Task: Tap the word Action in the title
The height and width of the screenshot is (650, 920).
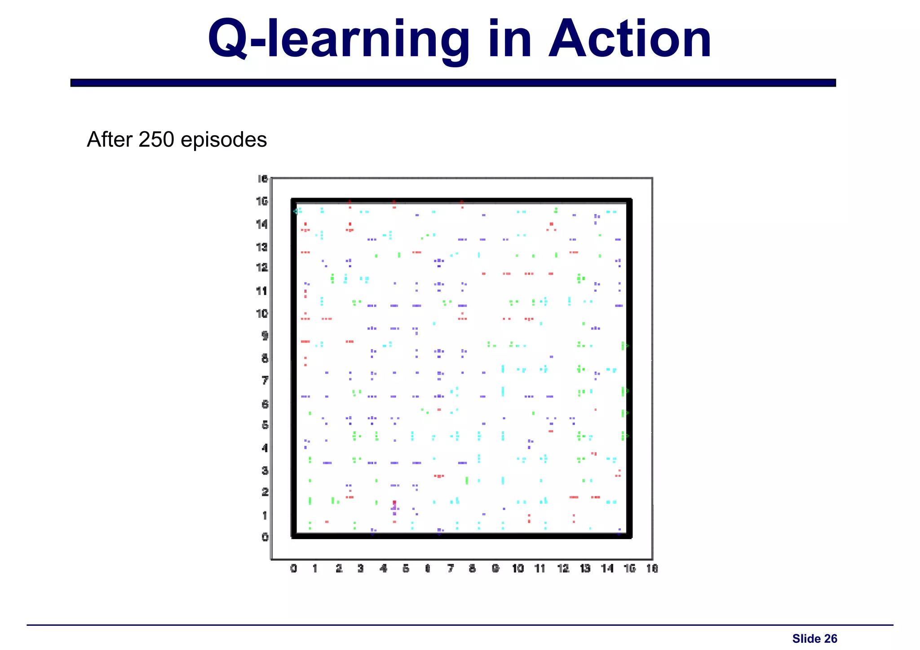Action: (x=630, y=40)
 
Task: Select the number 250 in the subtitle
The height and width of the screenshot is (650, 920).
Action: (x=156, y=140)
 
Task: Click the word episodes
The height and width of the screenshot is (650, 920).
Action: (x=224, y=141)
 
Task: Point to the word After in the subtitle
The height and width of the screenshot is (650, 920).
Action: (x=111, y=140)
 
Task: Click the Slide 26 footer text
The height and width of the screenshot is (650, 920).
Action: (x=814, y=639)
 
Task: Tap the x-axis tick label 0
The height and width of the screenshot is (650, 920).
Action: (x=293, y=569)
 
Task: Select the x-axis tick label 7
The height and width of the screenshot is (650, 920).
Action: (x=450, y=569)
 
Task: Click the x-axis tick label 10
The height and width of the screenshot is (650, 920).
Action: (x=517, y=569)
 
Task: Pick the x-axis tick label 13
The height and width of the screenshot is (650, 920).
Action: (x=585, y=569)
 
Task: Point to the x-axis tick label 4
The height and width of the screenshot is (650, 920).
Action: (x=383, y=569)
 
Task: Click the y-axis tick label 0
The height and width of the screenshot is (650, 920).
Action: (x=265, y=537)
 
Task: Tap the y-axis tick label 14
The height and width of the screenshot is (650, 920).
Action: (x=262, y=224)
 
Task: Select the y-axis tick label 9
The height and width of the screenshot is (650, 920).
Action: (x=265, y=335)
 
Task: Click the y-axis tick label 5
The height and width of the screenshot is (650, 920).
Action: (x=265, y=425)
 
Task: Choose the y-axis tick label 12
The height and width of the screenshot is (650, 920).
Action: (x=262, y=268)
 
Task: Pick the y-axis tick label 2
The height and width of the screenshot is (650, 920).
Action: (x=265, y=492)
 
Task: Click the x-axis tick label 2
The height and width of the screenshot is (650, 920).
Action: (x=339, y=569)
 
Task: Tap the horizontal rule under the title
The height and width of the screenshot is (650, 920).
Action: (x=453, y=83)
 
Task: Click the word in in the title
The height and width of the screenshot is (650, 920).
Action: (x=509, y=40)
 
